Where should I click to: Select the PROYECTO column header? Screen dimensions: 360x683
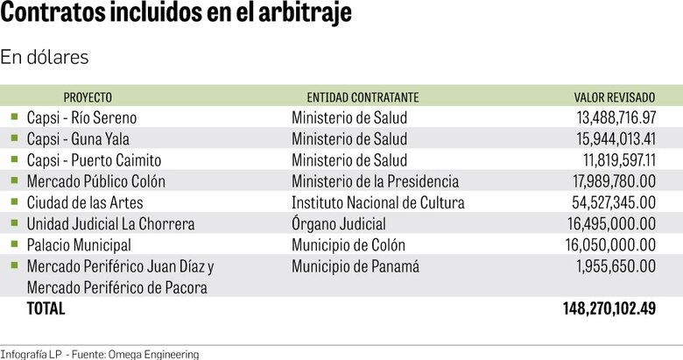88,97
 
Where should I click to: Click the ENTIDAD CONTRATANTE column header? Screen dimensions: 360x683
363,97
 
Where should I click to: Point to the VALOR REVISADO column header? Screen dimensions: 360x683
614,97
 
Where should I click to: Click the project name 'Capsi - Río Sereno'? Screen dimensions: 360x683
82,117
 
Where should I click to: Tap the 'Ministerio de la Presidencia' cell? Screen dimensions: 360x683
375,181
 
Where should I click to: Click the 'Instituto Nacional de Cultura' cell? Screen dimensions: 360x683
378,203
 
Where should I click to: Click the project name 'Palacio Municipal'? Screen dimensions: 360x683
79,245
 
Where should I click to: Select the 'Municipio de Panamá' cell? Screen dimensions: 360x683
356,266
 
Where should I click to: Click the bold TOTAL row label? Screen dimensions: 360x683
46,309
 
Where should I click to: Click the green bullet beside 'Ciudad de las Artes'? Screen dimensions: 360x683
14,202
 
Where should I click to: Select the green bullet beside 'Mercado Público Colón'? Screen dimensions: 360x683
14,180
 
